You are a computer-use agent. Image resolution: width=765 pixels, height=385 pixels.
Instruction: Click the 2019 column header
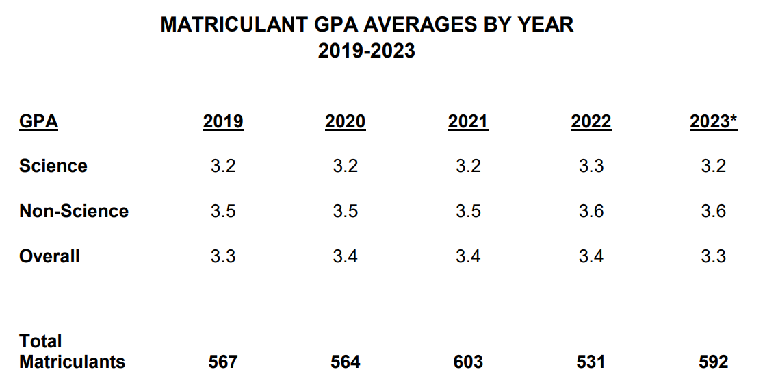(x=223, y=122)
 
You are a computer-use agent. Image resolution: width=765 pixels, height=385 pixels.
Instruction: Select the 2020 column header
(x=346, y=122)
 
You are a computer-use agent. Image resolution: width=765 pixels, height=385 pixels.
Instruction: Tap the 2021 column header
(x=468, y=122)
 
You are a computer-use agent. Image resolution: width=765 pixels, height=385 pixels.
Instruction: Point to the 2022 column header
(x=591, y=122)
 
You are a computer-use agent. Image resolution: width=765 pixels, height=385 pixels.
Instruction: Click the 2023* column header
(x=714, y=122)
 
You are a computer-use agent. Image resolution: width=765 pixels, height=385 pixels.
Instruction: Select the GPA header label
(x=38, y=122)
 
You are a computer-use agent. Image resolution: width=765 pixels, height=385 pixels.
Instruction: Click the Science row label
(x=53, y=166)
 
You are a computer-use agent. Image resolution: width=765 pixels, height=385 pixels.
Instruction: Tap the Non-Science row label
(x=74, y=211)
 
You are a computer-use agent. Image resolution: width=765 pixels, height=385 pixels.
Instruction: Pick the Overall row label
(x=49, y=256)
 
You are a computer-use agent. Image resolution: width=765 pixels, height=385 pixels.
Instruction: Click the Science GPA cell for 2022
(x=591, y=166)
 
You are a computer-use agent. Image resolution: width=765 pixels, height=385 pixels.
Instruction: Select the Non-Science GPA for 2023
(x=714, y=211)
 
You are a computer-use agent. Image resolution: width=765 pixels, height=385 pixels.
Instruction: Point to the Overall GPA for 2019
(x=223, y=256)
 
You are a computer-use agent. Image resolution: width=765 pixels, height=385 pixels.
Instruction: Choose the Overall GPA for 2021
(x=468, y=256)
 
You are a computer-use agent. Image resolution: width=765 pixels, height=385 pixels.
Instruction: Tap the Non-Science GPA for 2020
(x=346, y=211)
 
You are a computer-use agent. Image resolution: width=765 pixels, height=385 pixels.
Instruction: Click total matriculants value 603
(x=468, y=362)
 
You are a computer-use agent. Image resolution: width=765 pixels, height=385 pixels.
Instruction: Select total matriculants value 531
(x=591, y=362)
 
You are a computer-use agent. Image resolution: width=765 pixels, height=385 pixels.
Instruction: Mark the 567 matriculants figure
(x=223, y=362)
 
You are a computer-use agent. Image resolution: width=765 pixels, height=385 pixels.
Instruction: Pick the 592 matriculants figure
(x=714, y=362)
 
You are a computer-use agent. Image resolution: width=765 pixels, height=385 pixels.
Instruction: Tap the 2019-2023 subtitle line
(x=367, y=51)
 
